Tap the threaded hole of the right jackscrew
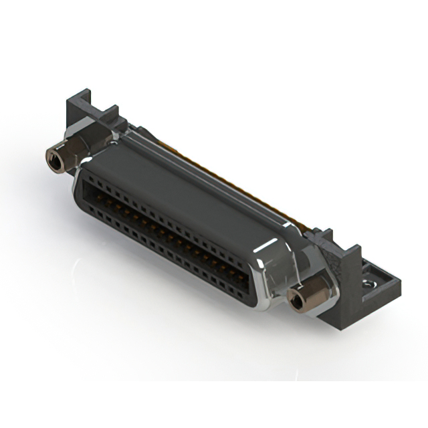click(x=295, y=300)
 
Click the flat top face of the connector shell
click(x=187, y=194)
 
